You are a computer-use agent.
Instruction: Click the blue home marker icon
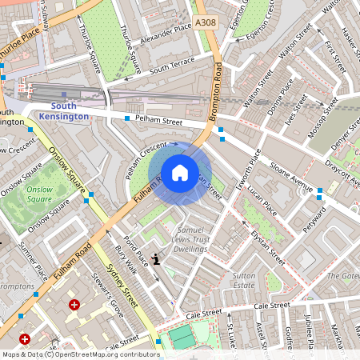coord(179,172)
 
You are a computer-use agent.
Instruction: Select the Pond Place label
coord(137,247)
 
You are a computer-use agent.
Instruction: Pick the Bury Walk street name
coord(126,260)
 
